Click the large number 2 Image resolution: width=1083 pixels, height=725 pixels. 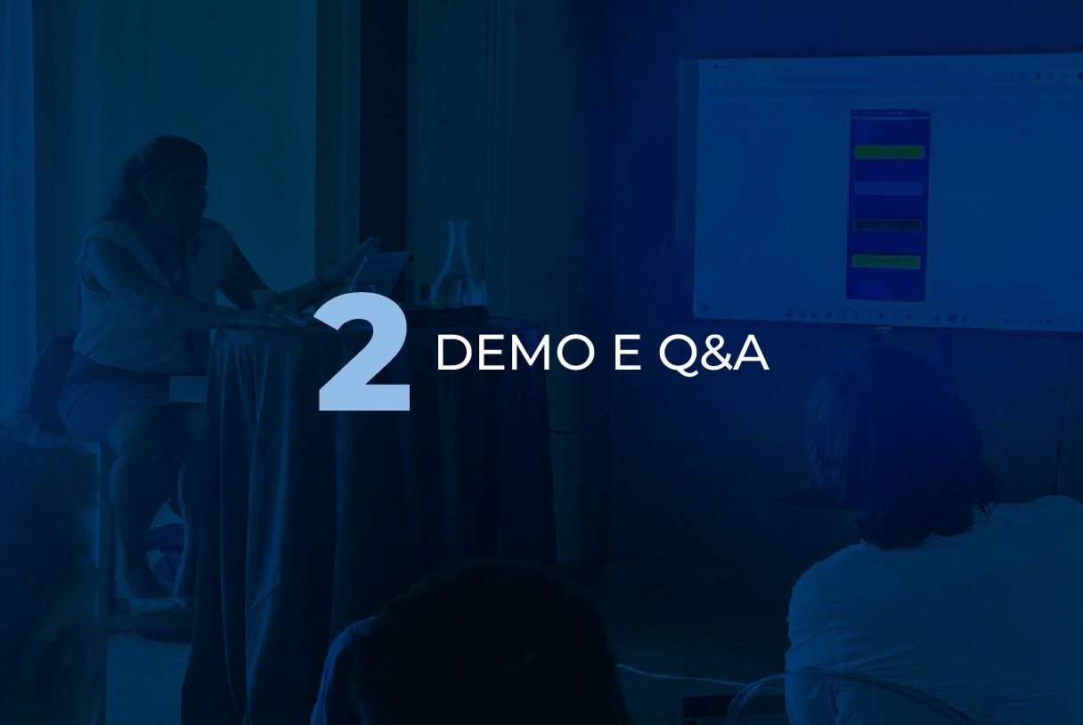(364, 352)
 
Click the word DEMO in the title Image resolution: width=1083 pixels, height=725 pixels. (516, 354)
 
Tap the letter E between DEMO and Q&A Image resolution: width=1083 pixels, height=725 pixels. (626, 354)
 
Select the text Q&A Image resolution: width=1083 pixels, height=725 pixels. (713, 354)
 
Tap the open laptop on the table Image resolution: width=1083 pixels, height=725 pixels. (382, 273)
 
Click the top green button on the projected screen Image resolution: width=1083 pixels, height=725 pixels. (890, 151)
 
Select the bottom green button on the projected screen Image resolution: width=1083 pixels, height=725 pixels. (886, 261)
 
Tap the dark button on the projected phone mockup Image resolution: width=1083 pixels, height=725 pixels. (887, 225)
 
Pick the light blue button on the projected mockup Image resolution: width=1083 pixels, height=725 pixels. (888, 188)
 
